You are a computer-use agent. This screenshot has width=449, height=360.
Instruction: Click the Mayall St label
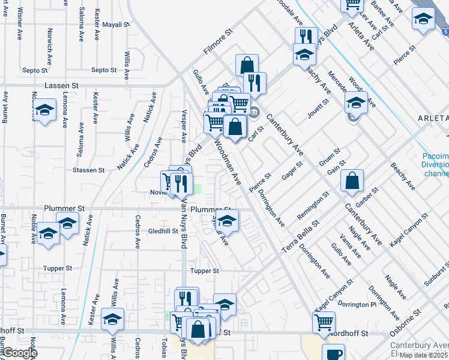coord(116,25)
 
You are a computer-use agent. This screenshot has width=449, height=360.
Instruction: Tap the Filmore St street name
coord(217,43)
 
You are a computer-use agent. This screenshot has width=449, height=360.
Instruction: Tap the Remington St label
coord(313,206)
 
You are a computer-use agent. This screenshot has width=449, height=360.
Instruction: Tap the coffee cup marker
coord(333,353)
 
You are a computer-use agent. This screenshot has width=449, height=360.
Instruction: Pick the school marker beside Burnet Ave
coord(44,110)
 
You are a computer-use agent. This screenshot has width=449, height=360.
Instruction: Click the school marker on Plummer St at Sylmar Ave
coord(227,220)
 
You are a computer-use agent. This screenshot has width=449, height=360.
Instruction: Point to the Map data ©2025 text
coord(423,355)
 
